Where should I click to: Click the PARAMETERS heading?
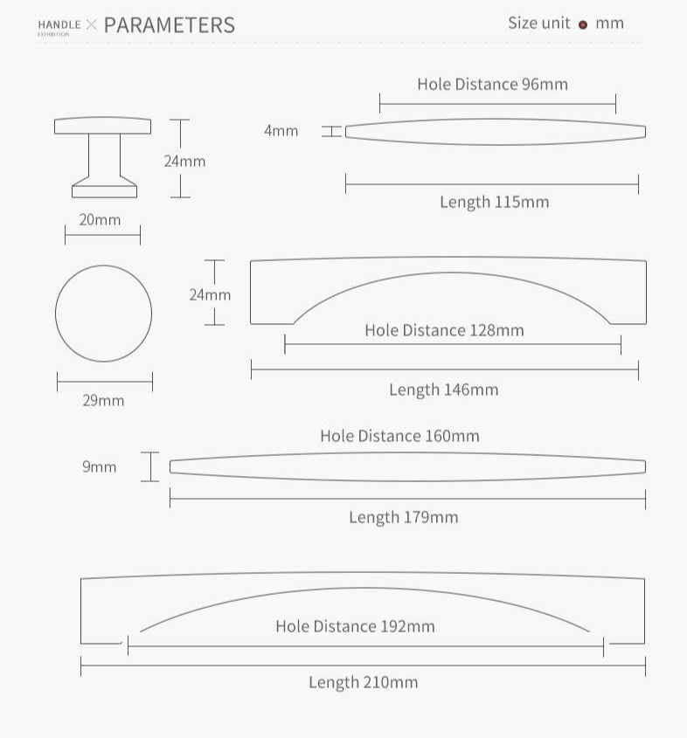(x=169, y=25)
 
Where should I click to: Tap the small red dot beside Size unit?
(x=583, y=25)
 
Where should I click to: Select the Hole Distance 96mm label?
(x=493, y=84)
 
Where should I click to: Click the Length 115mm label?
(x=495, y=202)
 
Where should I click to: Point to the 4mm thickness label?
(x=281, y=130)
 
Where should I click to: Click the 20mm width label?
(x=100, y=220)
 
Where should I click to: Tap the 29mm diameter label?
(x=103, y=401)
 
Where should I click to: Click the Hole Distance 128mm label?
(x=444, y=330)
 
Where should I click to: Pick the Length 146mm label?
(x=443, y=390)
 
